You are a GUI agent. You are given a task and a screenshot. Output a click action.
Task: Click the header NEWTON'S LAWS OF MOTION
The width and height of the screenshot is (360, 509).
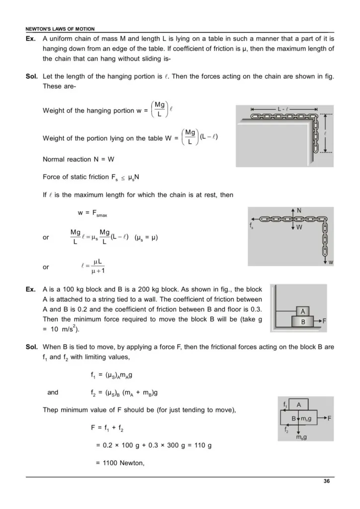60,29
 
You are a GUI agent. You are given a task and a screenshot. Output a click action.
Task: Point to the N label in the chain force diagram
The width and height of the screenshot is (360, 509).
299,210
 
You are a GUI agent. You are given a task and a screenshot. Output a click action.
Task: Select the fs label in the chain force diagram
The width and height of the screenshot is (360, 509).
251,225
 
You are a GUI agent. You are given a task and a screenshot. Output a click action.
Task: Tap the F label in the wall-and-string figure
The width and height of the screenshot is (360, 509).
324,322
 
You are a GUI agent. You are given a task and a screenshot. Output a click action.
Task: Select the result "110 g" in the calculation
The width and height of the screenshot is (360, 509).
203,445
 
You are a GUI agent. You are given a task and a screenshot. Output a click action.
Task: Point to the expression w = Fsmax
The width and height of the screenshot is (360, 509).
92,214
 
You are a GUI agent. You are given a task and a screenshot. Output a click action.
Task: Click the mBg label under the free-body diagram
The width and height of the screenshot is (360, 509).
301,437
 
